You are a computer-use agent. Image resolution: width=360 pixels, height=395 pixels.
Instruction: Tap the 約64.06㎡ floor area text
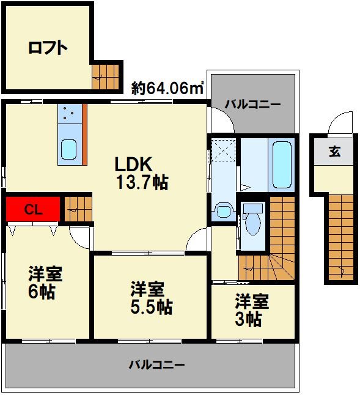[x=167, y=87]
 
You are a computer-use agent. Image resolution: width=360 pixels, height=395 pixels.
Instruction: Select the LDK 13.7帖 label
[x=142, y=173]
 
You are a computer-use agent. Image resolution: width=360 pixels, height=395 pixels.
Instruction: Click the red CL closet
[x=33, y=209]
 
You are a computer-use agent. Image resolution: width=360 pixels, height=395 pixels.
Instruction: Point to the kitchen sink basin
[x=68, y=149]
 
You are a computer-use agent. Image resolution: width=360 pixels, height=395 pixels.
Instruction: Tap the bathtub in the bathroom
[x=282, y=164]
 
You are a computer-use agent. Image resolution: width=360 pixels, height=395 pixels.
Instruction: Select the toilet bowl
[x=253, y=223]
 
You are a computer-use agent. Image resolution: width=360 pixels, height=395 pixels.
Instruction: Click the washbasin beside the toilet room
[x=223, y=210]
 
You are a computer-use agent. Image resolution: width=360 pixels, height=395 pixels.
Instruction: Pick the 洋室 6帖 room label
[x=45, y=282]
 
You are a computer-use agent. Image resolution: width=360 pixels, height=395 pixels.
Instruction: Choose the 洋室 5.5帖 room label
[x=151, y=298]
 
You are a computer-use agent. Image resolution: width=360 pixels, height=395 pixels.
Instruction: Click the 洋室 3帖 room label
[x=252, y=310]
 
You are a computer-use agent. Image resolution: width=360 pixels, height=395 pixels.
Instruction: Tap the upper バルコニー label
[x=252, y=105]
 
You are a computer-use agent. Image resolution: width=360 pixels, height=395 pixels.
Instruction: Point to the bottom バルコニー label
[x=157, y=364]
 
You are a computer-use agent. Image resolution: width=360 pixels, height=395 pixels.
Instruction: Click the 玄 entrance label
[x=335, y=152]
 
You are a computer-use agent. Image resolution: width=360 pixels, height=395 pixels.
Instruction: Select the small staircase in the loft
[x=105, y=77]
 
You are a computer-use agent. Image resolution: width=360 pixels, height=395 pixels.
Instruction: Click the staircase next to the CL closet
[x=78, y=209]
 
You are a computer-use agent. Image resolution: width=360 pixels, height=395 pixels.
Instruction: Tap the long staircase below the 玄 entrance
[x=341, y=237]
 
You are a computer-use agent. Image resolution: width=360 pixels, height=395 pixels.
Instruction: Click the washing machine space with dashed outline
[x=224, y=150]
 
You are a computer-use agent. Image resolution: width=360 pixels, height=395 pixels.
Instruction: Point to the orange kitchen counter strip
[x=84, y=135]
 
